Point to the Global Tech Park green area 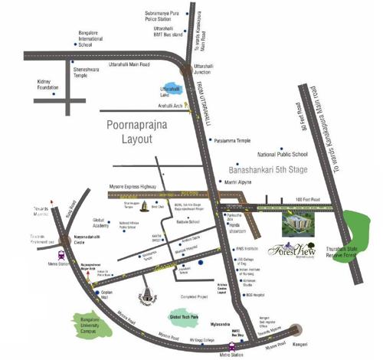click(x=185, y=316)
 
